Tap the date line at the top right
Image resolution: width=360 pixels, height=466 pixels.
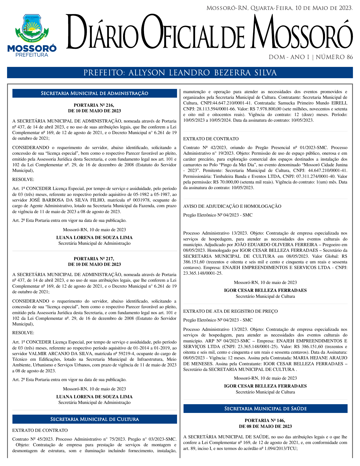tap(279, 8)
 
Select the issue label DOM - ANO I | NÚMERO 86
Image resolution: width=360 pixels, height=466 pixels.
tap(311, 57)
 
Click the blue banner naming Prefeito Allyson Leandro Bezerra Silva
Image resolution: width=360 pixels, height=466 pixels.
tap(180, 73)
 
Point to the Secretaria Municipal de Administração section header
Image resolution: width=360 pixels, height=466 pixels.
tap(95, 93)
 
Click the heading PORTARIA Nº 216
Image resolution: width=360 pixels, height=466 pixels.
tap(94, 105)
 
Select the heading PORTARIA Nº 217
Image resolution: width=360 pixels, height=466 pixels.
tap(94, 259)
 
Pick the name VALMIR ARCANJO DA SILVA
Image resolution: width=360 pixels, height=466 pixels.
tap(66, 354)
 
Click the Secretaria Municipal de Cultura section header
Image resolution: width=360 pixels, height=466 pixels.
tap(95, 419)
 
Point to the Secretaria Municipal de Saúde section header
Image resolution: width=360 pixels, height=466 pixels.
tap(265, 409)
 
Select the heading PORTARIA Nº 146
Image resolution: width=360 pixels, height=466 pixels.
tap(265, 420)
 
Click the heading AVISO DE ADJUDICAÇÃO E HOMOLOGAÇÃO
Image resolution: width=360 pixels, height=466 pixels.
tap(232, 206)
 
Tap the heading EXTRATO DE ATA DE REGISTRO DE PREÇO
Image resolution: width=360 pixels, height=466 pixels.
tap(230, 311)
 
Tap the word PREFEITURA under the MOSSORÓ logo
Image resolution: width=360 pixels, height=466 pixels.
tap(32, 55)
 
